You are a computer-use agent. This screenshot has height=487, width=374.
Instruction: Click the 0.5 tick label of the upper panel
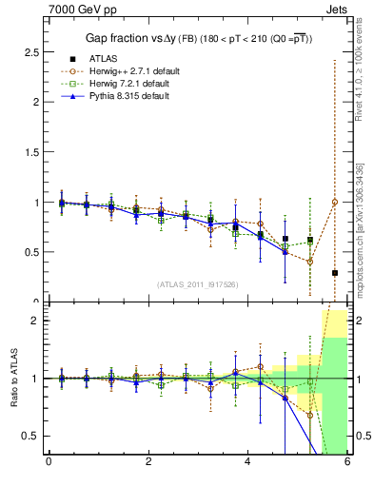coord(30,253)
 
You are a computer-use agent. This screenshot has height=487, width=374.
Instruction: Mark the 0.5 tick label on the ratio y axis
coord(30,436)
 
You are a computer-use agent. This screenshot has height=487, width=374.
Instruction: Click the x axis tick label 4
coord(248,463)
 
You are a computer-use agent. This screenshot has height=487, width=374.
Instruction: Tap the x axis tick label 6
coord(347,463)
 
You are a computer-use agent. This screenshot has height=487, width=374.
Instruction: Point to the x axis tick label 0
coord(49,463)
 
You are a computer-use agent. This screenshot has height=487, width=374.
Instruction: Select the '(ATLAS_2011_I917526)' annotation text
coord(197,284)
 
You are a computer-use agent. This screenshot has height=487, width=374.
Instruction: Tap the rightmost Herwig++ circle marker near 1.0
coord(334,202)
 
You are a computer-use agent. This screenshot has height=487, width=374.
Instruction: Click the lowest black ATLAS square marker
coord(334,273)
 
